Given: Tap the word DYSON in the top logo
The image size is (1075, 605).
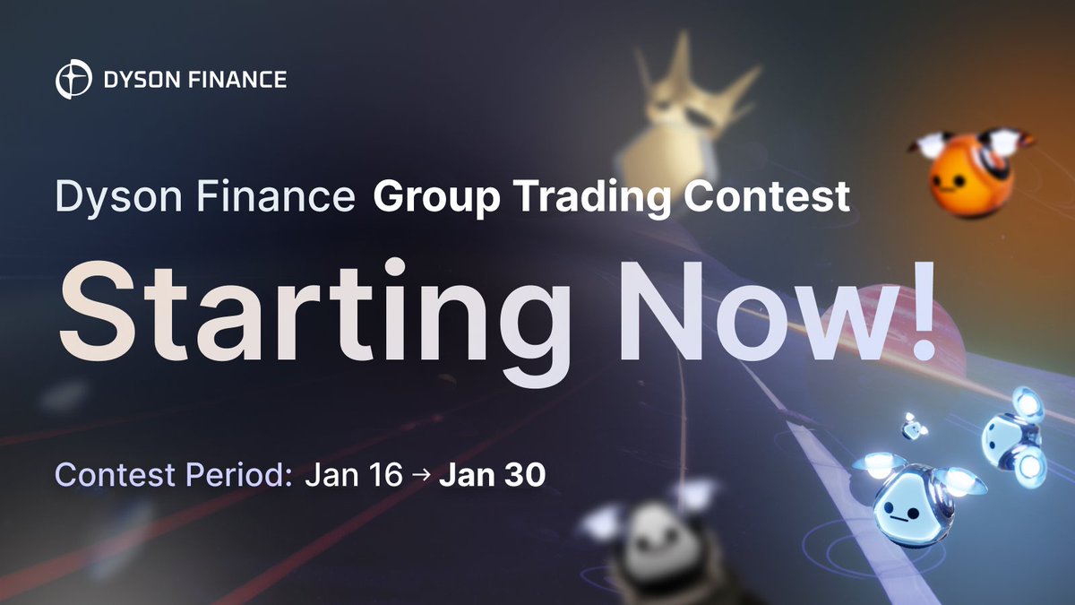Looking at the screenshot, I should (x=133, y=80).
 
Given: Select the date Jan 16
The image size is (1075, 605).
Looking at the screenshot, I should (x=354, y=476).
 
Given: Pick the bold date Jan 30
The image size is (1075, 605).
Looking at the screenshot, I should (x=491, y=476).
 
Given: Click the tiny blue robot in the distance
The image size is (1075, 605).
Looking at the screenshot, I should (x=914, y=428).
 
